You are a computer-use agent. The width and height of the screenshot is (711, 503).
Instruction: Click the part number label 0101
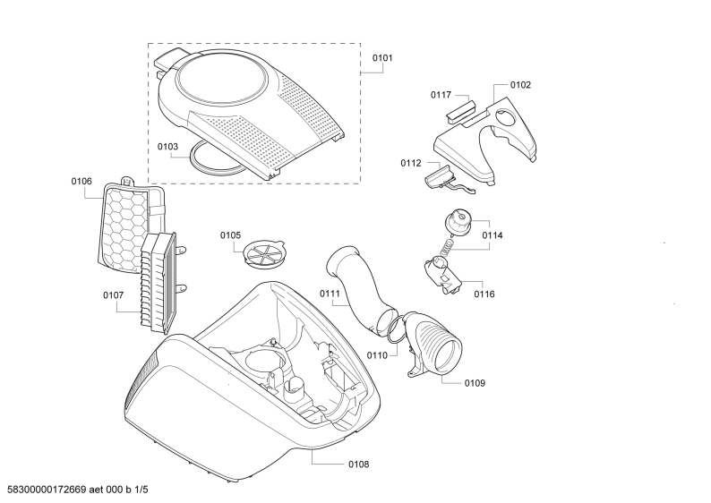pos(382,58)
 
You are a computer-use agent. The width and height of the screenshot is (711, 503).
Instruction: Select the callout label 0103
pos(167,147)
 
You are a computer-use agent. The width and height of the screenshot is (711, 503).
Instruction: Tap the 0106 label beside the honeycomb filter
pos(81,182)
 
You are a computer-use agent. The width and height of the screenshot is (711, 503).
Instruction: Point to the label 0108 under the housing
pos(359,465)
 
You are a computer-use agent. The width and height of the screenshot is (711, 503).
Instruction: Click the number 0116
pos(484,294)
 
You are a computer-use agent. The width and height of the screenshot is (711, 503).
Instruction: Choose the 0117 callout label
pos(441,95)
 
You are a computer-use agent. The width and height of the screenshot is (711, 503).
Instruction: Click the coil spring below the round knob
pos(448,247)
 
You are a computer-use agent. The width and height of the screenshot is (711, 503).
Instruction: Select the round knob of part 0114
pos(458,221)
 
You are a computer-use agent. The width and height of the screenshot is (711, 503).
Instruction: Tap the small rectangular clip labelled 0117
pos(460,110)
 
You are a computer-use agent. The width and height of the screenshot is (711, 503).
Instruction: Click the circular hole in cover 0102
pos(507,117)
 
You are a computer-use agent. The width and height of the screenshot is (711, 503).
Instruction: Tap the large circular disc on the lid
pos(221,79)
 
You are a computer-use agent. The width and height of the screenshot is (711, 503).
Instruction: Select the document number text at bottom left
pos(78,490)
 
